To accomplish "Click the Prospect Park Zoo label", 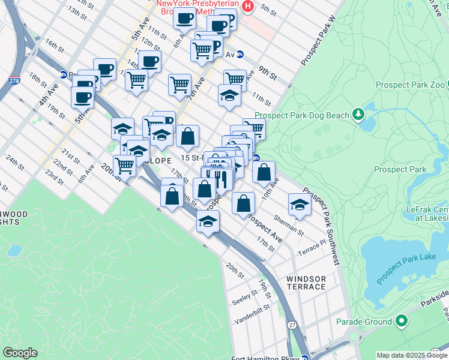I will coord(410,85).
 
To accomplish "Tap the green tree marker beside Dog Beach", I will coord(358,113).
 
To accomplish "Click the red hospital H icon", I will coord(249,7).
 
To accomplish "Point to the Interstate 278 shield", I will coord(14,80).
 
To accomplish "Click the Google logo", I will coord(20,353).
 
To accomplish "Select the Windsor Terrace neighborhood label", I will coord(306,283).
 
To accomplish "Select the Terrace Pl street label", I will coord(314,246).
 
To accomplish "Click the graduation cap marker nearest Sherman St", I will coord(299,205).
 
